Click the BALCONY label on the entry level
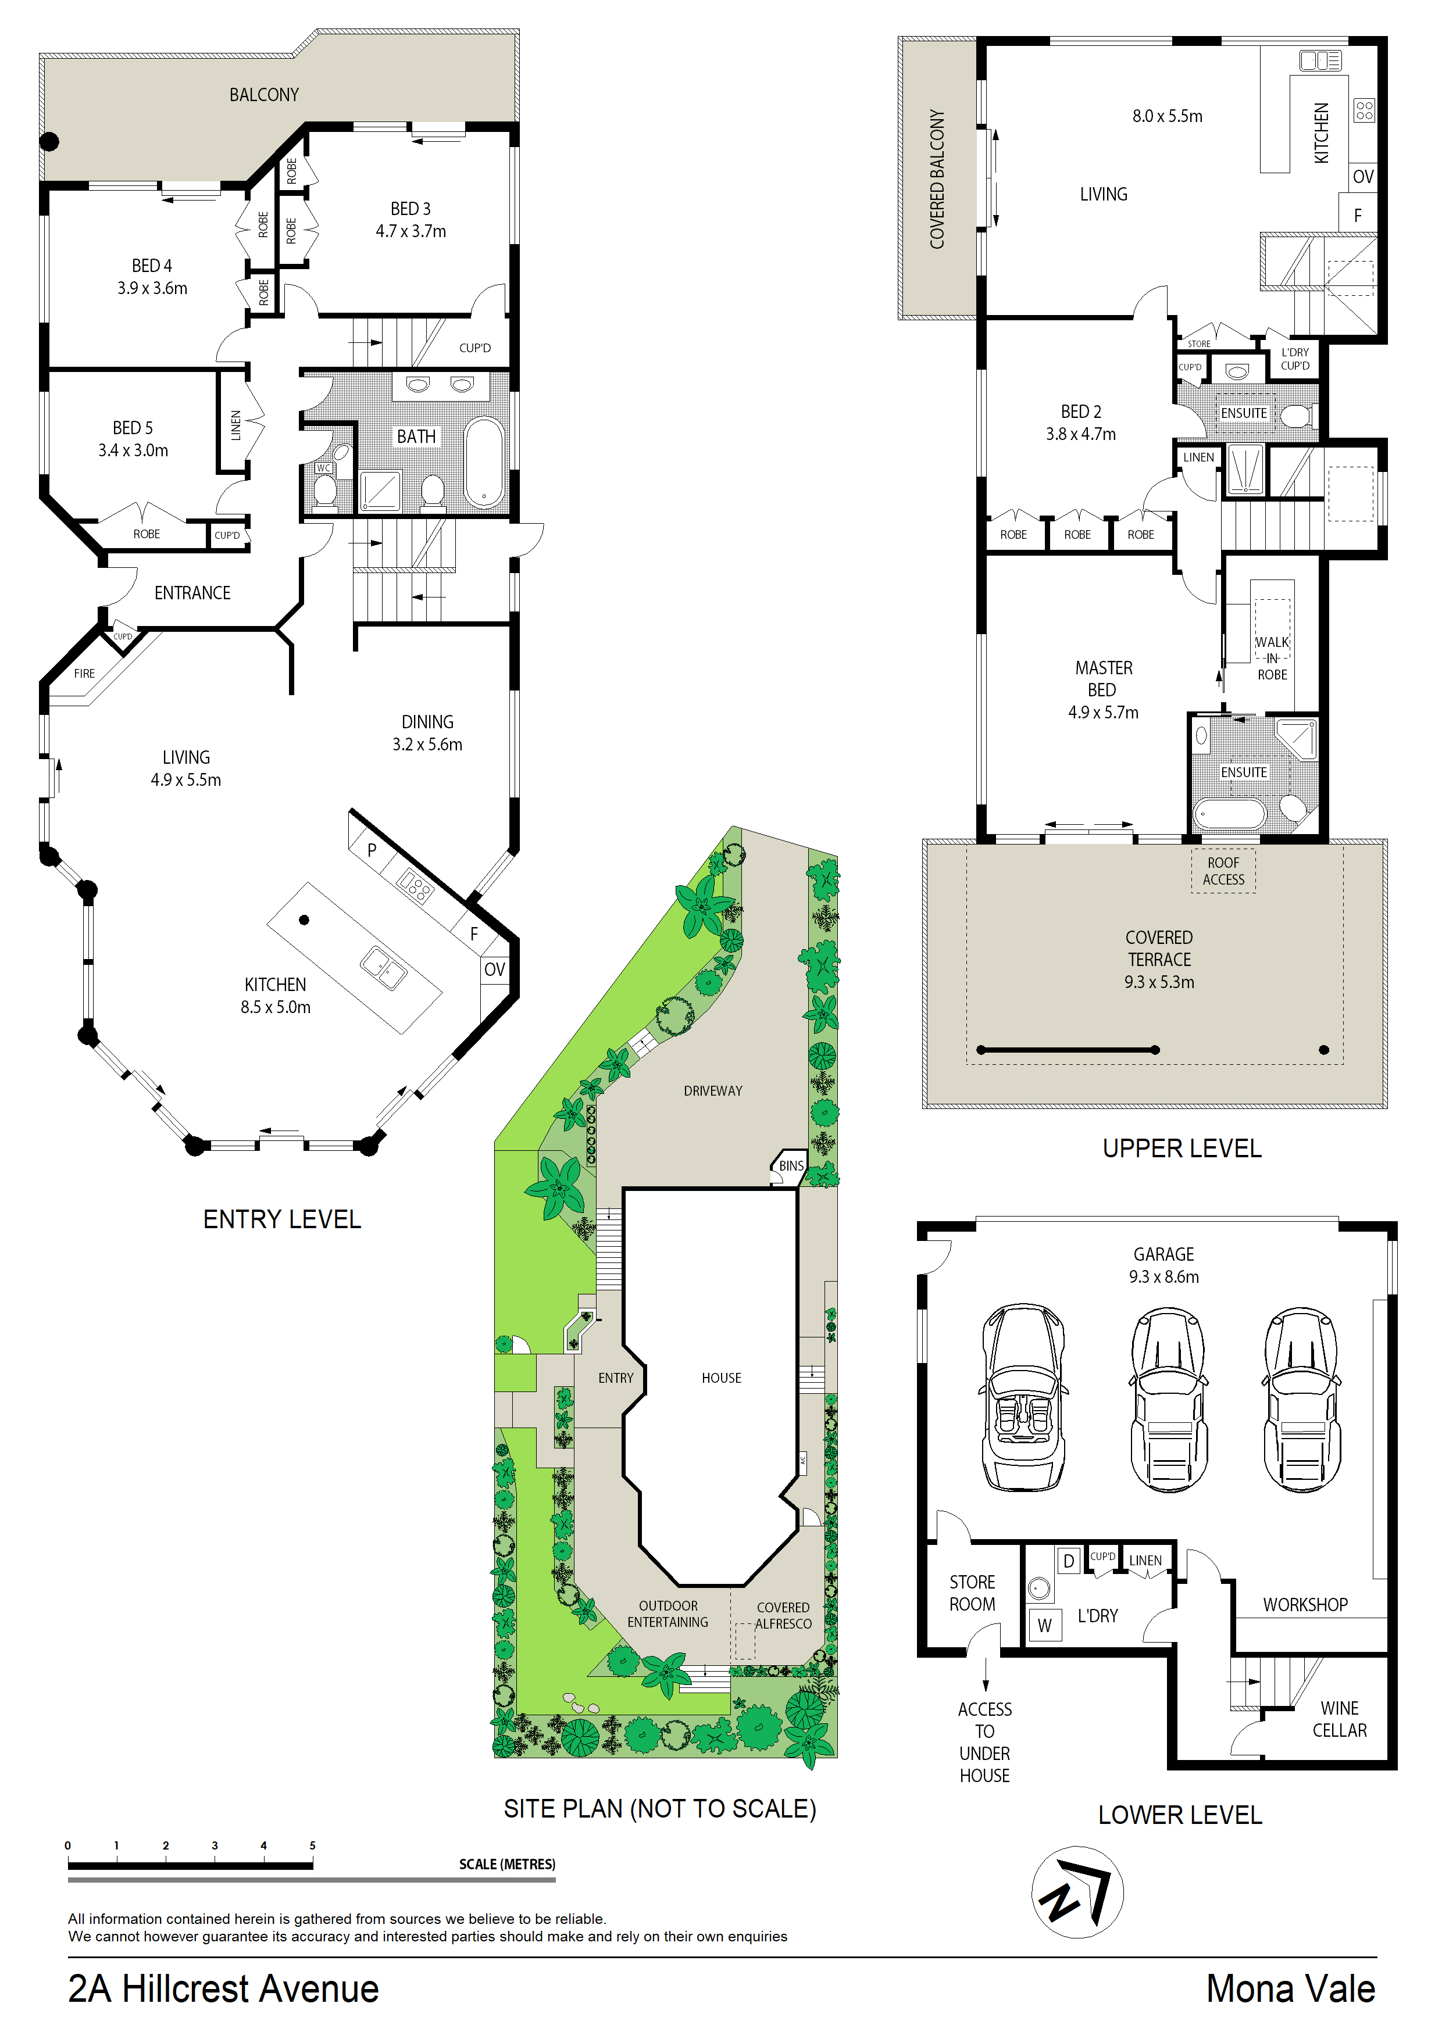tap(264, 95)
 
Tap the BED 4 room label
tap(152, 266)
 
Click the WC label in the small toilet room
tap(323, 468)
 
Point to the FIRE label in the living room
tap(84, 673)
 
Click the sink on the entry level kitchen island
tap(384, 968)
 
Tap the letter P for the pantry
tap(372, 850)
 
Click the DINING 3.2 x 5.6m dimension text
tap(427, 744)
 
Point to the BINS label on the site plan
tap(791, 1166)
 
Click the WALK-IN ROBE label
tap(1272, 658)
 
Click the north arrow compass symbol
tap(1078, 1893)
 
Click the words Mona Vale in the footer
tap(1290, 1988)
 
